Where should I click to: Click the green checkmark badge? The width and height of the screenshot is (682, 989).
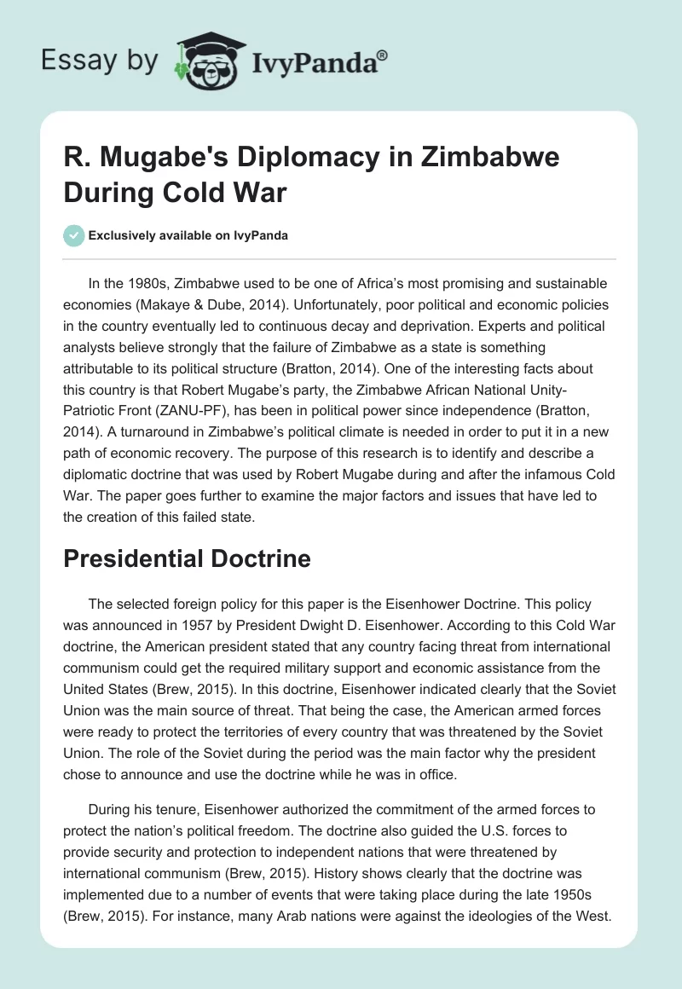point(73,235)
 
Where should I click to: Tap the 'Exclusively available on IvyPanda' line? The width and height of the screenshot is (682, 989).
point(188,236)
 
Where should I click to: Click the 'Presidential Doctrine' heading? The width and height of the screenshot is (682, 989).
point(187,559)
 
